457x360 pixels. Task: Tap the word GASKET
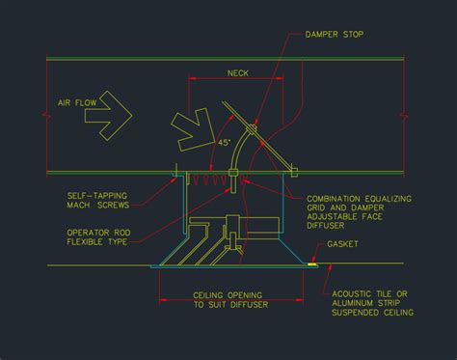[343, 244]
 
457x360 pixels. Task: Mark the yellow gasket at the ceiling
[314, 263]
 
